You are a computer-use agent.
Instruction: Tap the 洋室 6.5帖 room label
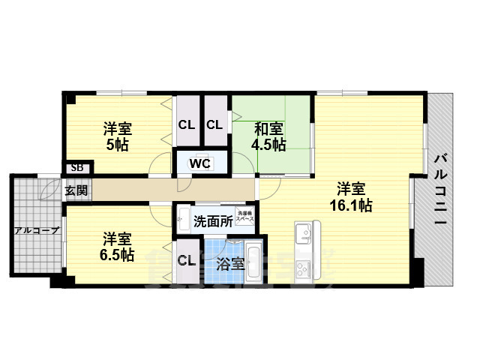point(117,247)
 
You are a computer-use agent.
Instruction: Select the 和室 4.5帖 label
point(268,136)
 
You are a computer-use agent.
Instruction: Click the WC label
point(199,162)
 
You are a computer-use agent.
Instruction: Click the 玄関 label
point(76,190)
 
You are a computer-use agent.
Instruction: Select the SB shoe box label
point(76,169)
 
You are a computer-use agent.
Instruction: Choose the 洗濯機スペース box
point(245,216)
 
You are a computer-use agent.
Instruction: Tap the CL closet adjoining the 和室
point(214,124)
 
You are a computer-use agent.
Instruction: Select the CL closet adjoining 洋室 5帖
point(186,124)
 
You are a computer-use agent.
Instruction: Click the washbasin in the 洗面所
point(183,221)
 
